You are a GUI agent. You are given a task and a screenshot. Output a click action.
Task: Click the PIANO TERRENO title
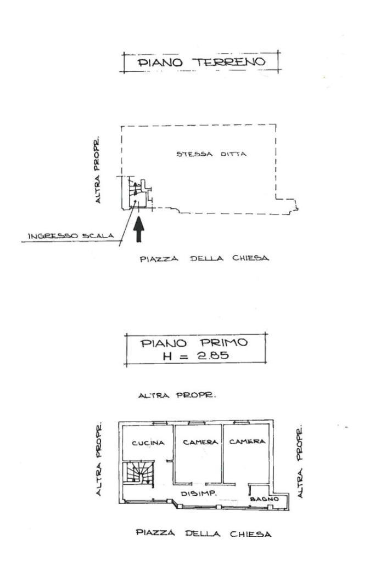(x=201, y=62)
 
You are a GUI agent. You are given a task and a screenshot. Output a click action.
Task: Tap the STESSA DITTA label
(x=211, y=154)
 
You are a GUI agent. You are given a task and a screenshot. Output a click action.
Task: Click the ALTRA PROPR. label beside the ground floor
(x=98, y=168)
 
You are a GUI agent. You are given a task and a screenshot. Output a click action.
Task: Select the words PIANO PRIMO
(x=194, y=344)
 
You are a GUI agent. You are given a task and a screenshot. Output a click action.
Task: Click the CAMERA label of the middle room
(x=198, y=441)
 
